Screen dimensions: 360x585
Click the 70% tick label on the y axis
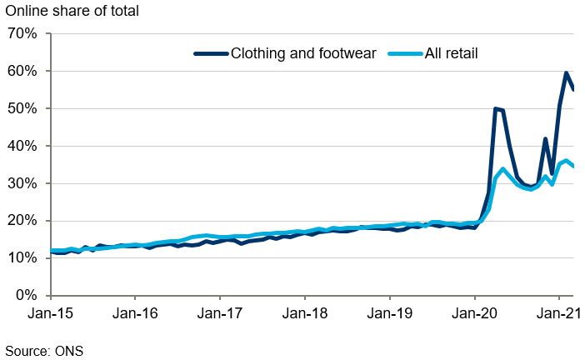point(21,34)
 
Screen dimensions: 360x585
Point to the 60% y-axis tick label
point(21,72)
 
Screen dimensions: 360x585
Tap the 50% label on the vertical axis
point(21,109)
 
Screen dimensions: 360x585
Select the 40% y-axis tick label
point(21,147)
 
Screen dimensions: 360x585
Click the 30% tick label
point(21,184)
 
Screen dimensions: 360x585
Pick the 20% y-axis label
point(21,222)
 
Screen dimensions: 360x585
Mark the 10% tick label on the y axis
point(21,258)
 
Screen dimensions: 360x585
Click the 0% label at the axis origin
point(25,296)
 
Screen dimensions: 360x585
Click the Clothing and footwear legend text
point(303,53)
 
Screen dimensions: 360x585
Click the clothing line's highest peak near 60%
point(567,73)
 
